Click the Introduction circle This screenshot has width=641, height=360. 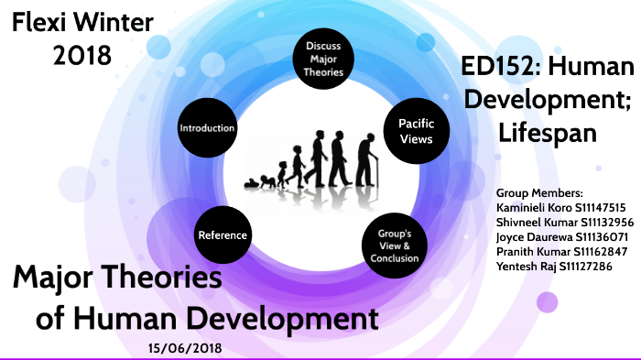click(x=208, y=127)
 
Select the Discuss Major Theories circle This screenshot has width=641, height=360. click(x=324, y=59)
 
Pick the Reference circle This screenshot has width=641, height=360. click(x=223, y=235)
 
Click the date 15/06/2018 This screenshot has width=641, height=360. click(x=183, y=348)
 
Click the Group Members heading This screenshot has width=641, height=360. click(x=538, y=194)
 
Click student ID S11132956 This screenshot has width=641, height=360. click(x=602, y=222)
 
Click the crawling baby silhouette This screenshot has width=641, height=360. click(x=259, y=180)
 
